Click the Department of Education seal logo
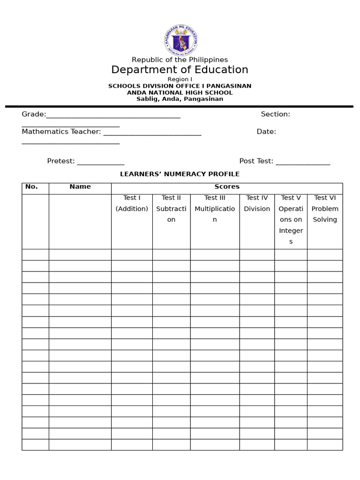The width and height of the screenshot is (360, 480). [x=180, y=40]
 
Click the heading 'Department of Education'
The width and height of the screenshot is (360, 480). [x=180, y=70]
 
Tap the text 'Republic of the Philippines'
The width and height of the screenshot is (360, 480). [x=180, y=60]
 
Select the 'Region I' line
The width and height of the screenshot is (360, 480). [x=180, y=79]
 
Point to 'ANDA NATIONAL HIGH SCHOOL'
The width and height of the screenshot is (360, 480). [x=180, y=92]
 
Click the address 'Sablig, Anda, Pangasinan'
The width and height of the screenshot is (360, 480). [x=180, y=99]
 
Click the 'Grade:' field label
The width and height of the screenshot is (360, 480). [x=34, y=114]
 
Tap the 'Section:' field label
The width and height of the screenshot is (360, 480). [x=275, y=114]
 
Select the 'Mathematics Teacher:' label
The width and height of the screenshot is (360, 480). [x=61, y=132]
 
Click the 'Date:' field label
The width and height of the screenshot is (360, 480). [x=266, y=132]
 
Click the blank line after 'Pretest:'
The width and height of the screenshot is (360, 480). [x=100, y=162]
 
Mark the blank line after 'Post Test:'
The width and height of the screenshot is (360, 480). [x=303, y=162]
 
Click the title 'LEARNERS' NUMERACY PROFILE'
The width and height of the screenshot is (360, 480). [x=180, y=174]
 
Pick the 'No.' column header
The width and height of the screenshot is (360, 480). [x=31, y=187]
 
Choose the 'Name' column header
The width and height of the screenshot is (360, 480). [x=80, y=187]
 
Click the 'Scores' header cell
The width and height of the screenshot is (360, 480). [x=227, y=187]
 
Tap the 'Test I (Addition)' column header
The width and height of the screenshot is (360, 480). [x=132, y=203]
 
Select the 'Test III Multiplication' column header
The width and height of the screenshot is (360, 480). [x=215, y=209]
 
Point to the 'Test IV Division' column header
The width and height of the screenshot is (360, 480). [x=257, y=203]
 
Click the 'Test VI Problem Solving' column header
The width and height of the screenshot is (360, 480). [x=325, y=209]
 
